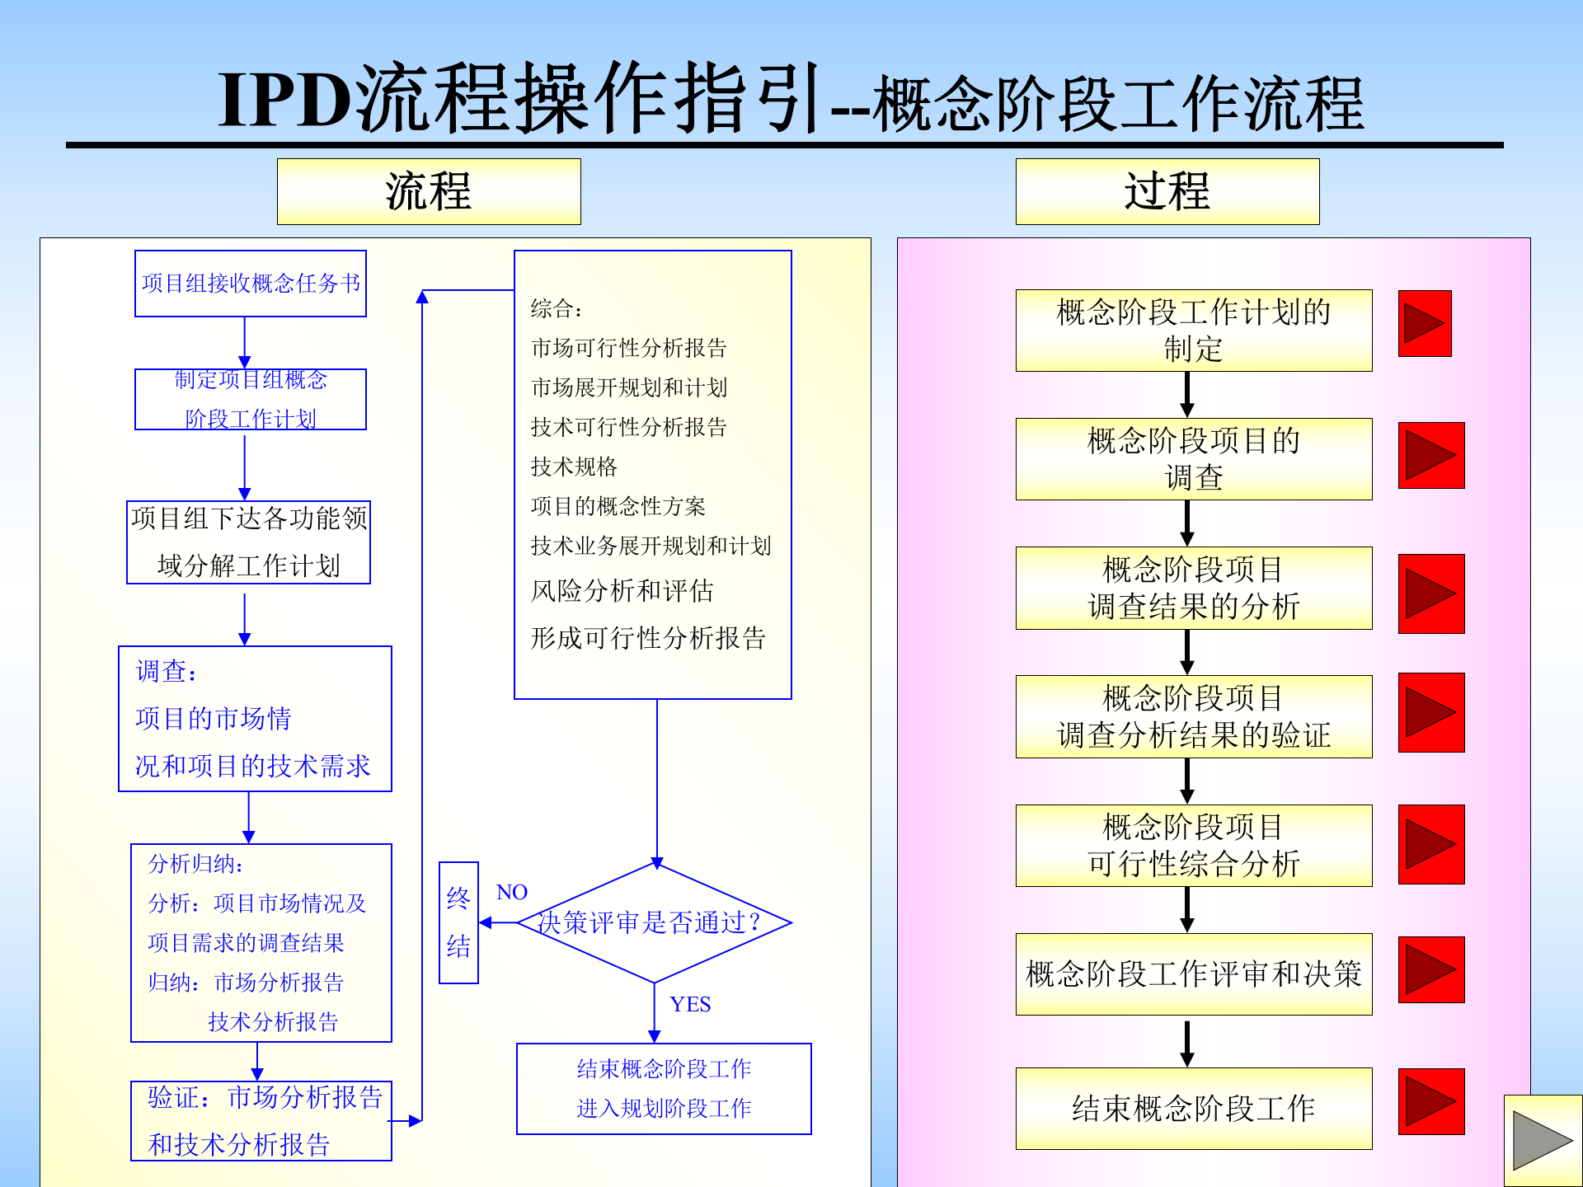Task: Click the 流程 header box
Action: [x=429, y=191]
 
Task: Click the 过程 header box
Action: [x=1167, y=191]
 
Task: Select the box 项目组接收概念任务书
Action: [x=251, y=284]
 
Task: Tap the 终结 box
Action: [x=458, y=922]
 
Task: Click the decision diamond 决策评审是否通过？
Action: [x=654, y=922]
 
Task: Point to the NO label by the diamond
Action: [x=511, y=892]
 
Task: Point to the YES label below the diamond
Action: [x=690, y=1004]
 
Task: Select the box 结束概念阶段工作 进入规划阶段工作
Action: [x=664, y=1088]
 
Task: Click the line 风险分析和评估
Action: [x=622, y=590]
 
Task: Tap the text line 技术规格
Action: [x=574, y=467]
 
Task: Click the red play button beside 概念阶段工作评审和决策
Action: [x=1430, y=969]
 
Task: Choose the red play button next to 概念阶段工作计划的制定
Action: [x=1424, y=323]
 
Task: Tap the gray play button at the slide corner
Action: [x=1542, y=1141]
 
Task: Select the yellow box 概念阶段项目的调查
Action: [x=1193, y=458]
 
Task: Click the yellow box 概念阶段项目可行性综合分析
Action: [x=1193, y=845]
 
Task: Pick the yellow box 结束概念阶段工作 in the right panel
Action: [x=1193, y=1108]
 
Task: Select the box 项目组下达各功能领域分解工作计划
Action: [x=248, y=542]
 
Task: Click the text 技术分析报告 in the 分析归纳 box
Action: [x=273, y=1022]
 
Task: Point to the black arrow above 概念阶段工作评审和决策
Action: [x=1186, y=909]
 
